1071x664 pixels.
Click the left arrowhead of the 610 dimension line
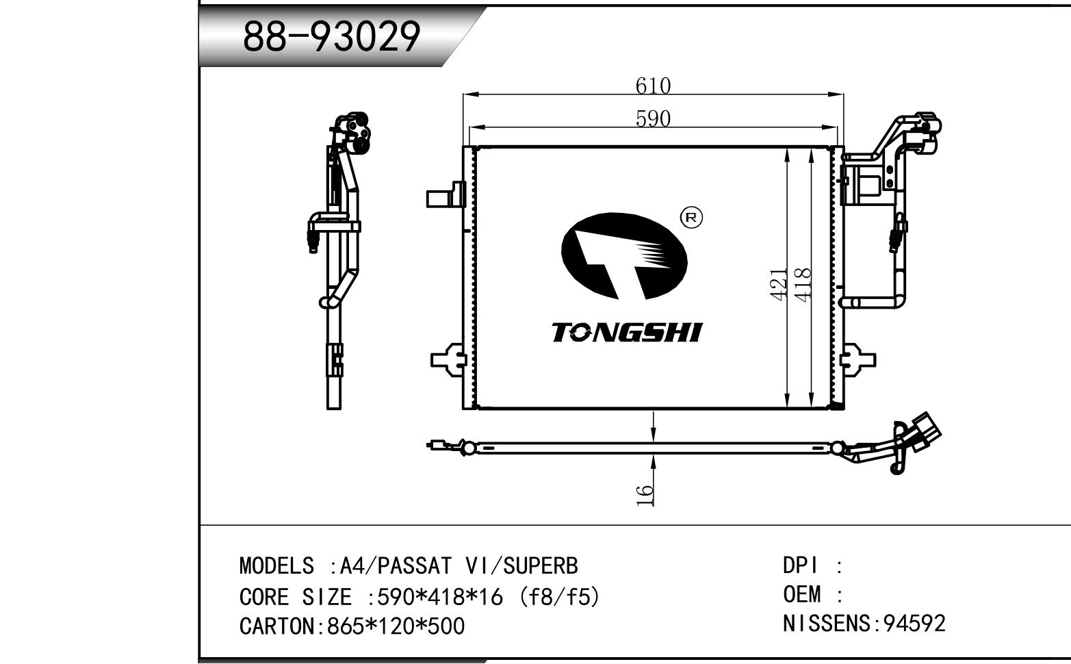coord(464,94)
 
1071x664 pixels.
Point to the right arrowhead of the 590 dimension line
coord(837,127)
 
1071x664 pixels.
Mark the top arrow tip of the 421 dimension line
coord(787,149)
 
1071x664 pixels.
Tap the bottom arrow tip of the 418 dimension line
coord(811,407)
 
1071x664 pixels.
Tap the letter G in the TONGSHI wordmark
coord(619,333)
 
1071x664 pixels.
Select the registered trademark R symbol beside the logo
coord(691,218)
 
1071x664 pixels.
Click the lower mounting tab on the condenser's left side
coord(448,360)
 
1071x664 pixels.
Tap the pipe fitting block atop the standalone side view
coord(352,133)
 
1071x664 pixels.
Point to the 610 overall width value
coord(653,86)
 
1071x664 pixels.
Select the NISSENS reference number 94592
coord(914,624)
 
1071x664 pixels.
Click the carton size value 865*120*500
coord(396,626)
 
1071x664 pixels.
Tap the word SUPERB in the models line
coord(541,566)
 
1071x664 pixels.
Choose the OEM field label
coord(802,595)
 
